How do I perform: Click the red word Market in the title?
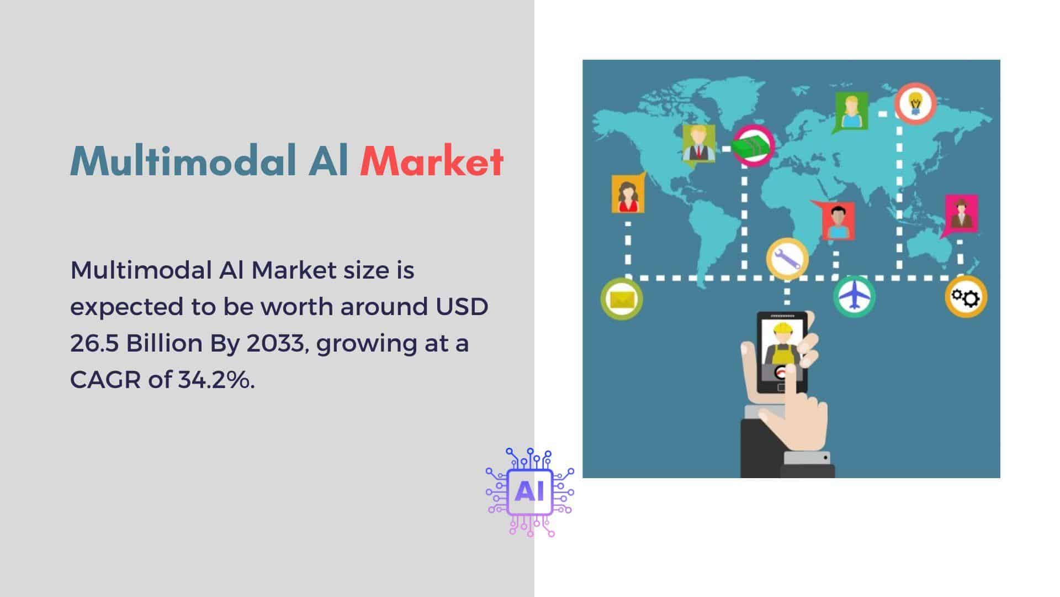(431, 161)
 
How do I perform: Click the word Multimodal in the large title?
(182, 161)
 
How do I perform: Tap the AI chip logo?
(529, 491)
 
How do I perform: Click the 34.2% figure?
(216, 380)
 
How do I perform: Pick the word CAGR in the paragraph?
(105, 380)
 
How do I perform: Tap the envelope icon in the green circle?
(622, 299)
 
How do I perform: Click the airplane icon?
(854, 296)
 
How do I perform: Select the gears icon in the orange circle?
(966, 297)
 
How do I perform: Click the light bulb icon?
(915, 103)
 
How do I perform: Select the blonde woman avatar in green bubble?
(850, 113)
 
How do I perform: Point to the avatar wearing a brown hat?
(961, 214)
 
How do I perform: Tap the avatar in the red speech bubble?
(836, 220)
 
